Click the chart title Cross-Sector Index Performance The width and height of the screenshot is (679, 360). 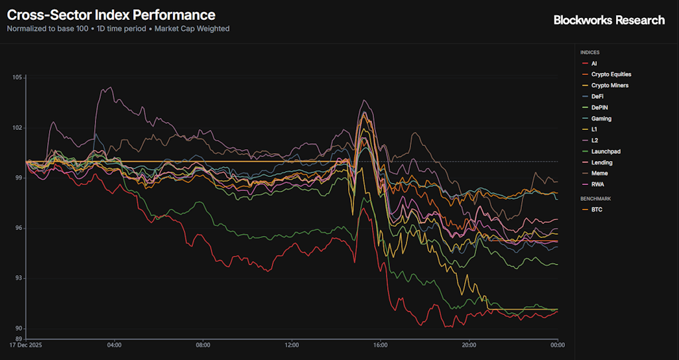(x=111, y=15)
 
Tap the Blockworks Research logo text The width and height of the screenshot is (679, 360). (x=609, y=20)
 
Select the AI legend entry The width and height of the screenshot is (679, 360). (x=594, y=64)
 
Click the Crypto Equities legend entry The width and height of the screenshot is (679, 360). (x=611, y=74)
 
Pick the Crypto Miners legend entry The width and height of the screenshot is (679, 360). (x=609, y=86)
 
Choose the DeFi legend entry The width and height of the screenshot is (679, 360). (x=597, y=97)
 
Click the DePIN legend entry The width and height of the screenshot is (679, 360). (x=599, y=107)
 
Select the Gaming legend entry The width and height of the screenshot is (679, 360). (x=601, y=119)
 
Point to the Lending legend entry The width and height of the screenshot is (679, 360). (x=601, y=162)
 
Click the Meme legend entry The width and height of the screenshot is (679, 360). (x=599, y=174)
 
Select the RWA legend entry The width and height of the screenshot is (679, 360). (x=597, y=185)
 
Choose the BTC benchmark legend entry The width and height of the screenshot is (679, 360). (x=597, y=210)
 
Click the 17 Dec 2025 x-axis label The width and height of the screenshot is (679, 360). (x=27, y=345)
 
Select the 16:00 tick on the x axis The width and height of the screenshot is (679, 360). (x=381, y=345)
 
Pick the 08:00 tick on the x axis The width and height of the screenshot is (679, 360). (x=203, y=345)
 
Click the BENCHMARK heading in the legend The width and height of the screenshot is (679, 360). (x=595, y=198)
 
